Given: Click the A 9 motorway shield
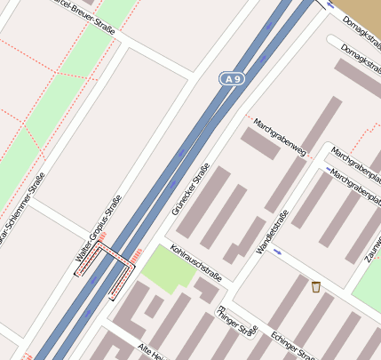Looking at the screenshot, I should tap(232, 80).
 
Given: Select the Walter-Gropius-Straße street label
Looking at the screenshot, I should tap(98, 235).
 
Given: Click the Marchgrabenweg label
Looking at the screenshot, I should tap(279, 137).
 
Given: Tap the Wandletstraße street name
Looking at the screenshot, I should tap(274, 230).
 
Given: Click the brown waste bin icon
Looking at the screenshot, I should tap(315, 286).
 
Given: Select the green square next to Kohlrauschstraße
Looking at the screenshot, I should tap(168, 269).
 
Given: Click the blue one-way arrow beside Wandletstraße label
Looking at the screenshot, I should tap(278, 252).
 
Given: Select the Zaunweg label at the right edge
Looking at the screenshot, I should tap(371, 244).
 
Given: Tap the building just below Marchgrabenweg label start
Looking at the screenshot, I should tap(261, 143).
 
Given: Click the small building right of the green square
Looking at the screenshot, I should tap(209, 290).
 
